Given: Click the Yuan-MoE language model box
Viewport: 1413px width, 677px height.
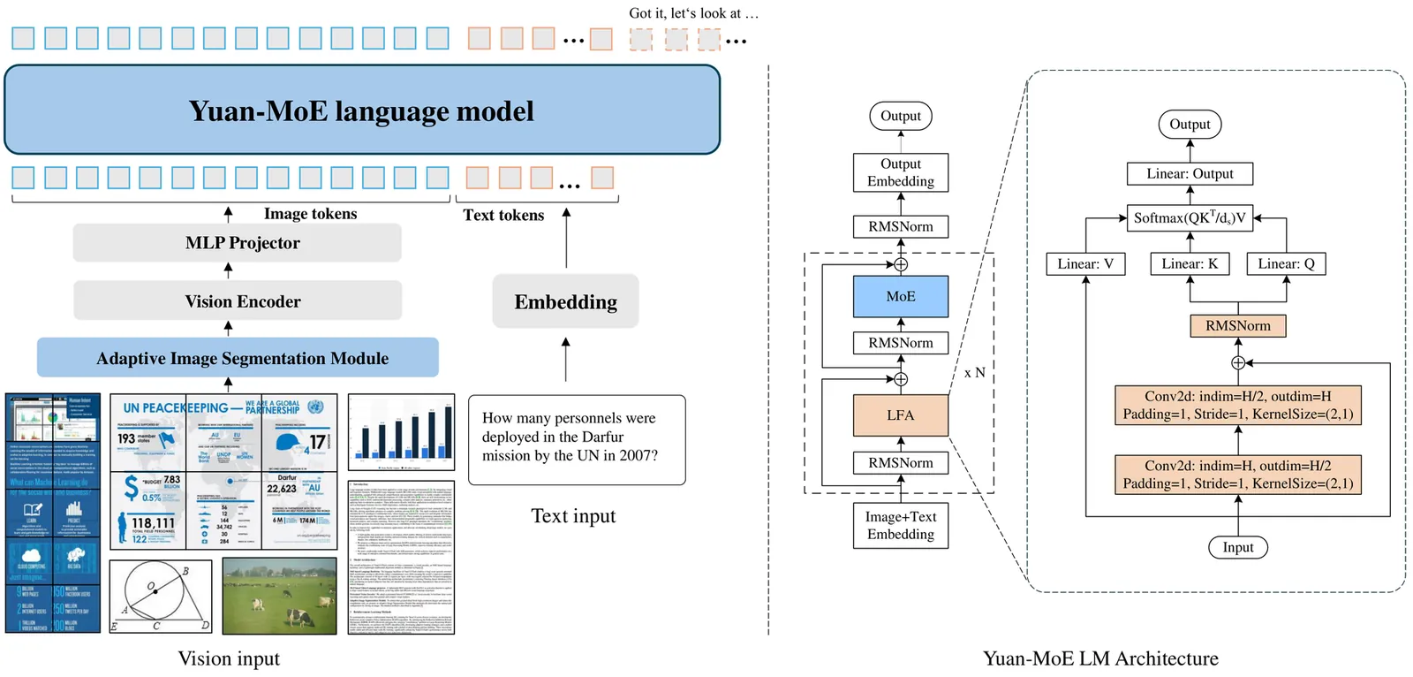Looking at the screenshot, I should click(x=362, y=110).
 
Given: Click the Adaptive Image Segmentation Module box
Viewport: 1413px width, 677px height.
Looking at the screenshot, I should click(x=238, y=358).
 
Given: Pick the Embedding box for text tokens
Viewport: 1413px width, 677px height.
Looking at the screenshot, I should click(x=565, y=302).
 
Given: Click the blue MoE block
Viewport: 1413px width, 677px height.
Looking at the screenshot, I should click(x=900, y=297).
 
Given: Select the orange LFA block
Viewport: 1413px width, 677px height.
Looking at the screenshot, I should click(x=900, y=415).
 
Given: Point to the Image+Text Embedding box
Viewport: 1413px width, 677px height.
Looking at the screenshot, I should click(x=900, y=526).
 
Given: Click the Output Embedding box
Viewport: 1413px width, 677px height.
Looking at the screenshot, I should click(x=900, y=172).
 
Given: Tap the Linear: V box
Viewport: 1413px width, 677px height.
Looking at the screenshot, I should click(x=1085, y=263).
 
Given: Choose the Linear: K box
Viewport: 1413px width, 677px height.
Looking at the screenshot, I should click(x=1190, y=263).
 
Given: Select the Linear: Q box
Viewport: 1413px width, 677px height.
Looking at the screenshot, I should click(x=1286, y=263).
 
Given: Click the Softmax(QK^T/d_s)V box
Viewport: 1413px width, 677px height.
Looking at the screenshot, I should click(x=1190, y=218).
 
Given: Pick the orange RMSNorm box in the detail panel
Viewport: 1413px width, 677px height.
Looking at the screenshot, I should click(x=1237, y=326).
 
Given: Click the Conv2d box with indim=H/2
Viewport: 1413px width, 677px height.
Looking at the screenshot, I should click(x=1237, y=405).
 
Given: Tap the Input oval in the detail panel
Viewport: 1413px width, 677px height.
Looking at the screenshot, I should click(x=1237, y=548).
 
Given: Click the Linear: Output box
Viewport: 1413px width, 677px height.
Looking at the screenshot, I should click(x=1190, y=174).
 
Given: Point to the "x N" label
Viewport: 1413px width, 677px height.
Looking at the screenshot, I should click(x=974, y=373).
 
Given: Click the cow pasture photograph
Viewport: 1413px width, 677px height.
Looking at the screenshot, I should click(x=279, y=596).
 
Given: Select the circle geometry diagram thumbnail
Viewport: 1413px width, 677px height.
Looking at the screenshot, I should click(x=161, y=597).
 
